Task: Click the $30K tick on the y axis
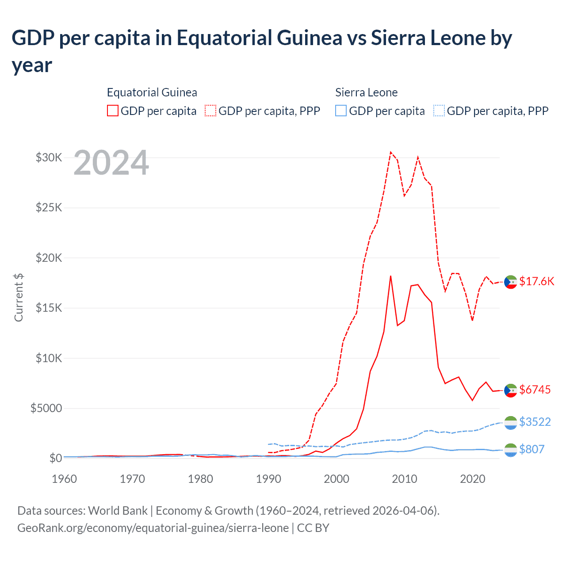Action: pos(49,157)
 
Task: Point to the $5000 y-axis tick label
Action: pos(46,408)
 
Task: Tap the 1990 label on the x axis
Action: pos(268,479)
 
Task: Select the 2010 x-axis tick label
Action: pos(405,479)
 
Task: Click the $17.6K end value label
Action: pos(536,282)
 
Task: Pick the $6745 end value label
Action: pos(535,390)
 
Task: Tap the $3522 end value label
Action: pos(535,422)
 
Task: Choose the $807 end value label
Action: pos(532,449)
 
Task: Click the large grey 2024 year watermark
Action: pos(111,163)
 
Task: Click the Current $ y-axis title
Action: pos(19,297)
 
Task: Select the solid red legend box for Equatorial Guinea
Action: pos(113,111)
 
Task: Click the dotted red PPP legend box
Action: pos(210,111)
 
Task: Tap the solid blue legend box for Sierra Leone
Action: pos(341,111)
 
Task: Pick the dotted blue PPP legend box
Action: pos(439,111)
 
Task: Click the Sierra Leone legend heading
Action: pos(366,92)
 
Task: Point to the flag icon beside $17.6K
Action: pos(511,282)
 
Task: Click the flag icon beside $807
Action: pos(511,450)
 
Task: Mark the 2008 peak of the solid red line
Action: pos(390,276)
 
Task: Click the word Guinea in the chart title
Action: pos(310,38)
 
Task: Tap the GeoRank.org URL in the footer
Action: pos(153,528)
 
